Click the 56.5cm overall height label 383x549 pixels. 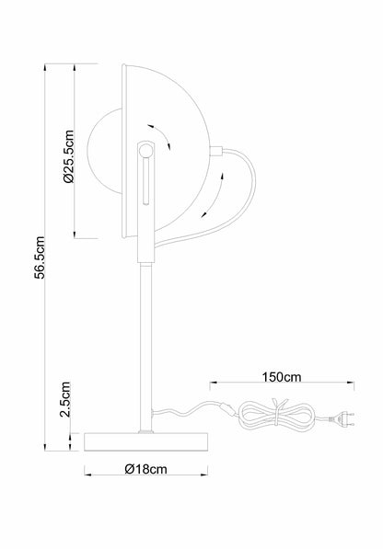click(41, 257)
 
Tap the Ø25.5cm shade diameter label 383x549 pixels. click(69, 156)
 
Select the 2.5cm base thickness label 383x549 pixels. click(65, 399)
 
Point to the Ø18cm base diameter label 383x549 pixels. click(145, 469)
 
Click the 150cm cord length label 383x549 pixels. click(282, 377)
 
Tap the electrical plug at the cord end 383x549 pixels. click(342, 418)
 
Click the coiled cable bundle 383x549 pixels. click(277, 416)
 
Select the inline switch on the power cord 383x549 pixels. click(226, 408)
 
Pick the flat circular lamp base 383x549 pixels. click(146, 441)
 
